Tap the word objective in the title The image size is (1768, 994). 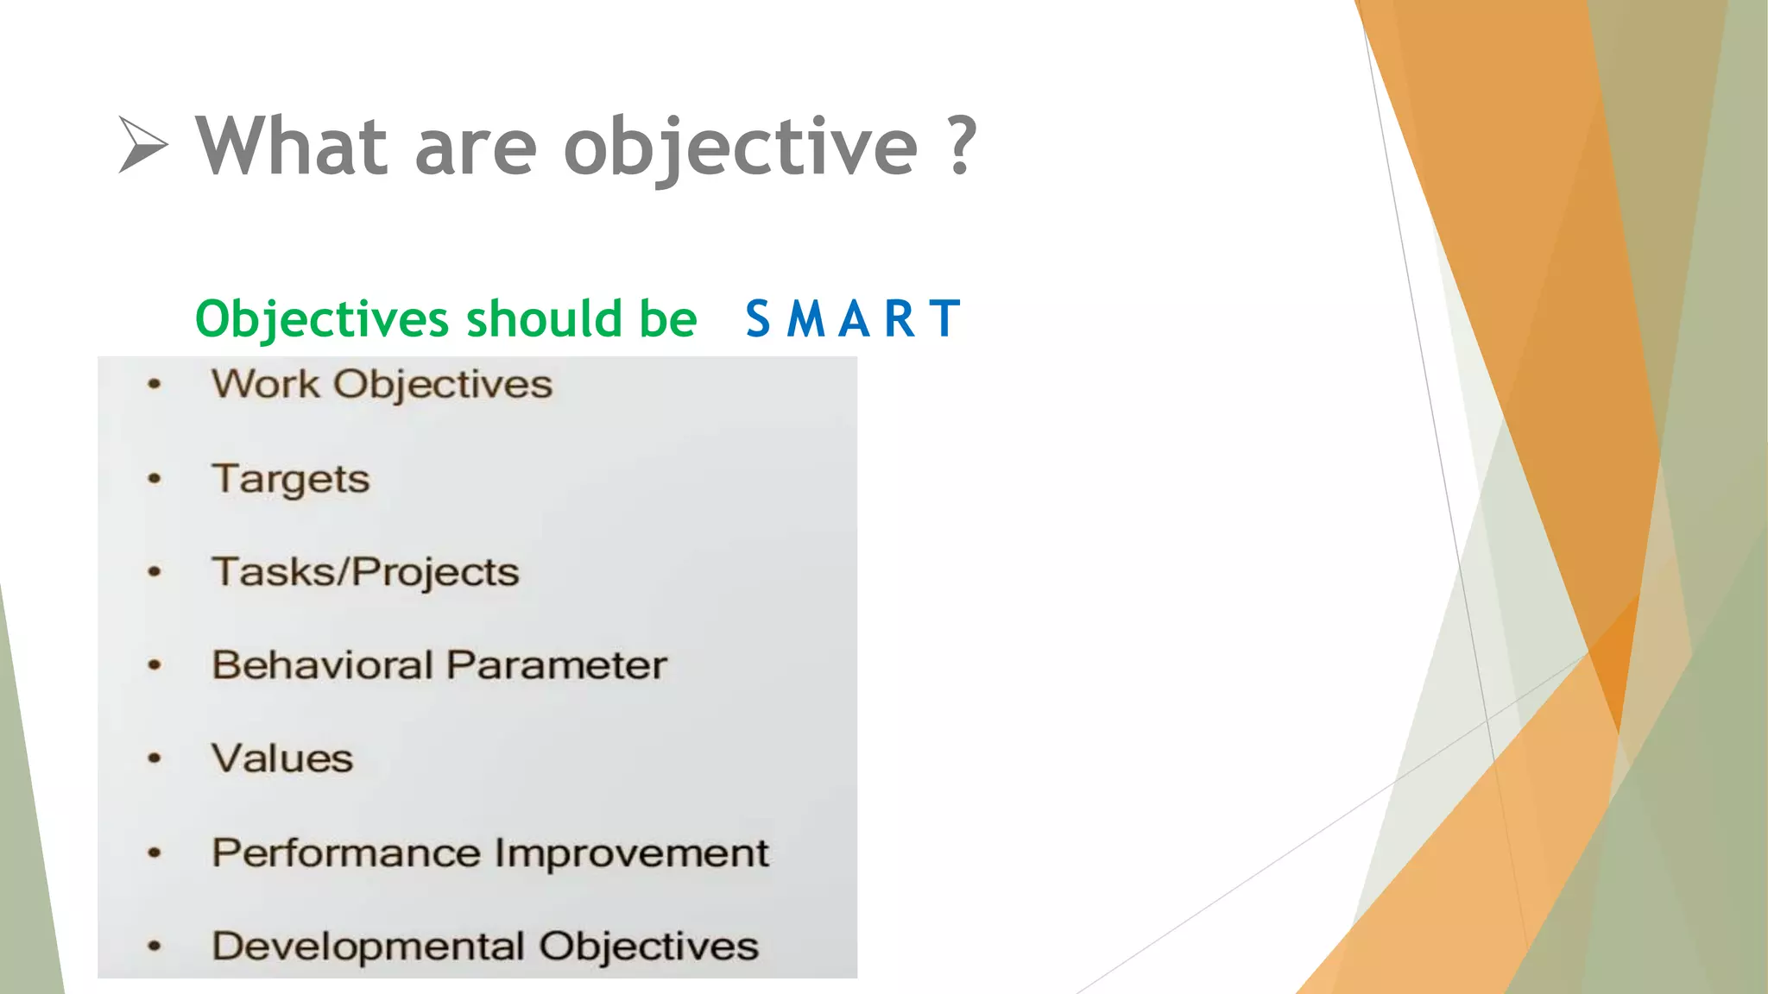[740, 148]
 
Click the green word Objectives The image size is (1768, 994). [322, 319]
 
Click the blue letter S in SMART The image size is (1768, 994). [758, 318]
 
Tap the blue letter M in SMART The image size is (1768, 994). [806, 318]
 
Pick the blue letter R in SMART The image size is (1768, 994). [900, 318]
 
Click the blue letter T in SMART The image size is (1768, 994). [945, 318]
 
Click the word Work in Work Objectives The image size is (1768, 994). [265, 384]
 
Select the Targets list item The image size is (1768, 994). [291, 479]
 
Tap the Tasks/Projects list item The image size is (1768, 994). [365, 572]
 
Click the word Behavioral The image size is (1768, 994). [322, 665]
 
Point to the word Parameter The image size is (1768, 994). [557, 665]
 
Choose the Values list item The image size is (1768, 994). [282, 758]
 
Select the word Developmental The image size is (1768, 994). [368, 946]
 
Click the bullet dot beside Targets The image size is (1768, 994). [155, 479]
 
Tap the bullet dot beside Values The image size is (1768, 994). [155, 758]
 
